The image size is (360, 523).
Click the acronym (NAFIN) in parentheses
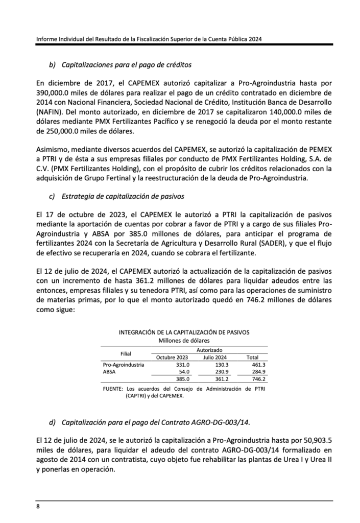[51, 112]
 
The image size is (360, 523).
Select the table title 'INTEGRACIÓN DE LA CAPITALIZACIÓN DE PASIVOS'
[184, 332]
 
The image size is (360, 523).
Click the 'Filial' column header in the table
[126, 353]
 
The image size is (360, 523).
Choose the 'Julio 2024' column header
[215, 357]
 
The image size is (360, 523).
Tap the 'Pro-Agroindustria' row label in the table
[124, 365]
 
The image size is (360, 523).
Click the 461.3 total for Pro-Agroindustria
[259, 365]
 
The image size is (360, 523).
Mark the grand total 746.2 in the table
[259, 379]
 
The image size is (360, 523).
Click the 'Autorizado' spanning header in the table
[209, 350]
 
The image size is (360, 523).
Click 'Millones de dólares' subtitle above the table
[184, 340]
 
